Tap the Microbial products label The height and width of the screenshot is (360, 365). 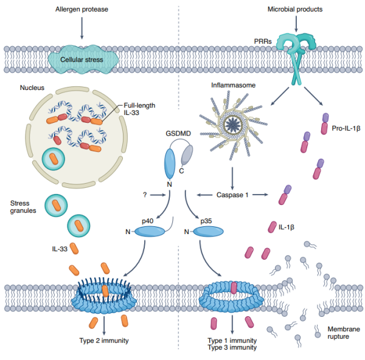(x=295, y=9)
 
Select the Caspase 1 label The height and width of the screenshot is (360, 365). (x=232, y=195)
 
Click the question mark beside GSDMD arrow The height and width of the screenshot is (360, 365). (x=144, y=195)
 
